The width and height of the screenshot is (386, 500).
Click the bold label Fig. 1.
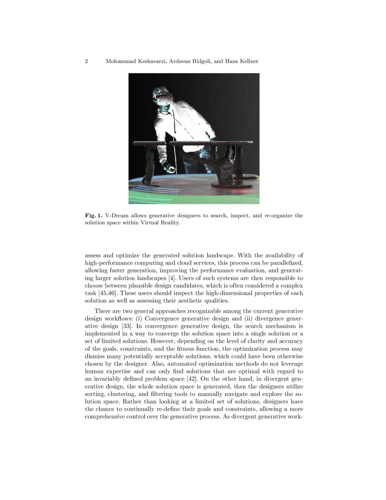[93, 215]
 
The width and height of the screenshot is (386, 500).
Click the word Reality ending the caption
[163, 223]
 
